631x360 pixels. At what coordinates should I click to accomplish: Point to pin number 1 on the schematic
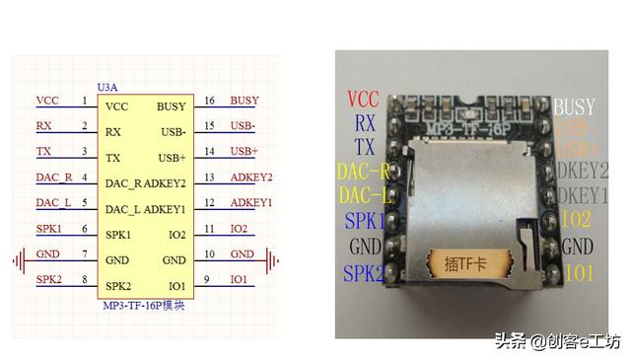pyautogui.click(x=86, y=101)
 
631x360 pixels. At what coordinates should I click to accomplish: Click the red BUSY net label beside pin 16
pyautogui.click(x=244, y=101)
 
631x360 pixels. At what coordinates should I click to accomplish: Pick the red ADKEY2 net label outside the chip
pyautogui.click(x=250, y=178)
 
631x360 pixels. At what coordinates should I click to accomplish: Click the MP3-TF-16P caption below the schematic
pyautogui.click(x=144, y=306)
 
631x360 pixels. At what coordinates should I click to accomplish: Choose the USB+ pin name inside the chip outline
pyautogui.click(x=172, y=158)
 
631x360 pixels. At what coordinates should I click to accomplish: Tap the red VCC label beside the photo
pyautogui.click(x=363, y=99)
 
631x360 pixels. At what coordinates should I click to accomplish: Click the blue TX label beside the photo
pyautogui.click(x=365, y=147)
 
